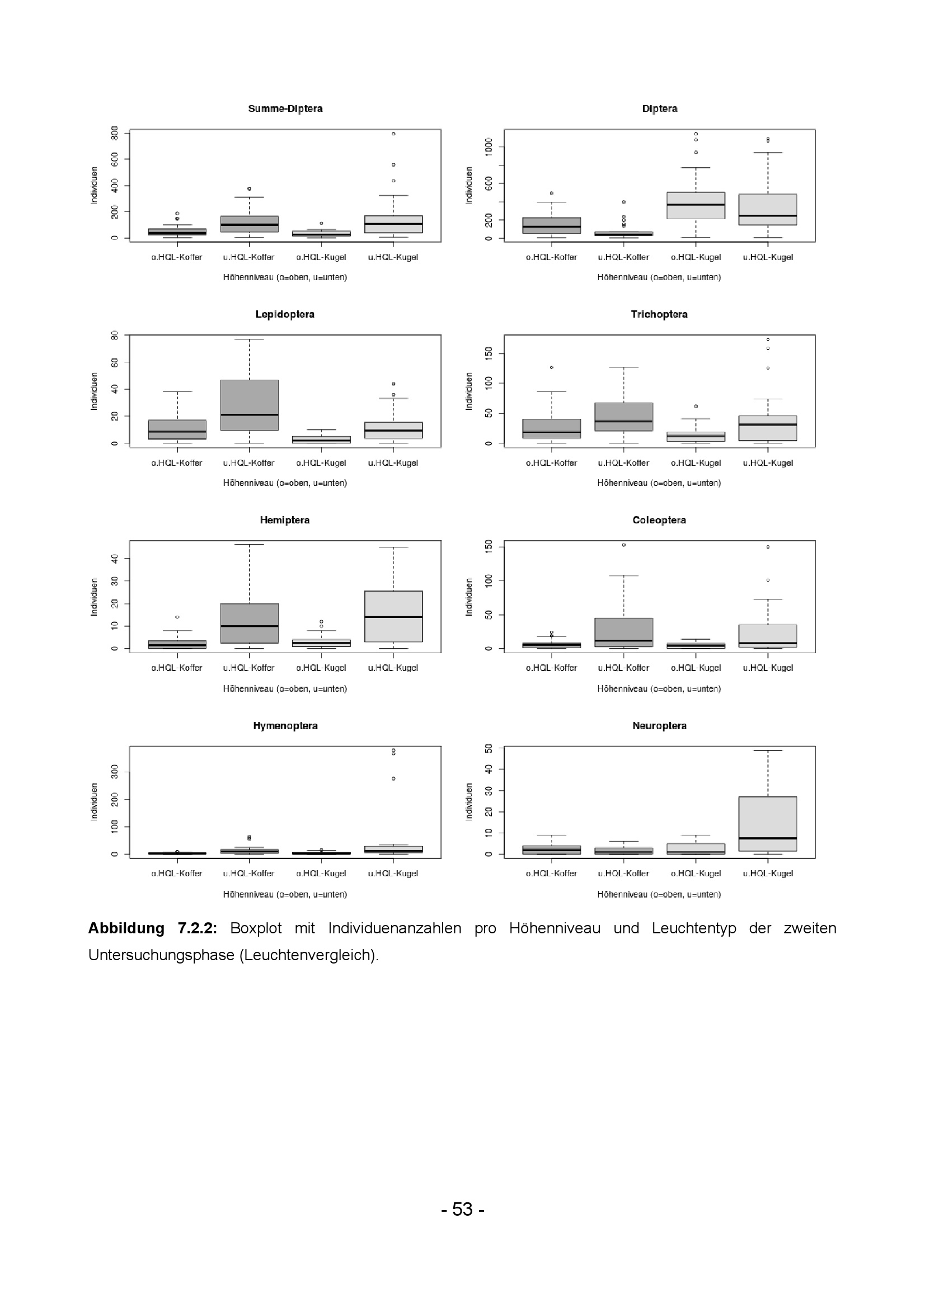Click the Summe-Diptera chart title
pos(285,109)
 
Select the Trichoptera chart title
pos(659,314)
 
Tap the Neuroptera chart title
pos(659,726)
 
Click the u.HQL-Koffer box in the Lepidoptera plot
pos(249,404)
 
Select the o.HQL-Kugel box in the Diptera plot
pos(696,206)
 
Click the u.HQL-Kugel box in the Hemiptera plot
pos(393,616)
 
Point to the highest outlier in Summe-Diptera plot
pos(393,134)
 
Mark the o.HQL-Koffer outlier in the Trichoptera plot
pos(551,367)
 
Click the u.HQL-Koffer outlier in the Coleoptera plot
pos(623,545)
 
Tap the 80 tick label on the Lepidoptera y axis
pos(115,336)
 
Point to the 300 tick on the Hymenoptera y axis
pos(115,772)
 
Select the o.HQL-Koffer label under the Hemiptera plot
pos(177,668)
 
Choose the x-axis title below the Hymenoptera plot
pos(285,894)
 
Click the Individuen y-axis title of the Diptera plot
pos(469,186)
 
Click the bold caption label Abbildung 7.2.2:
pos(152,928)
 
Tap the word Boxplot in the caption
pos(255,928)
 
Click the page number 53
pos(462,1209)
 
